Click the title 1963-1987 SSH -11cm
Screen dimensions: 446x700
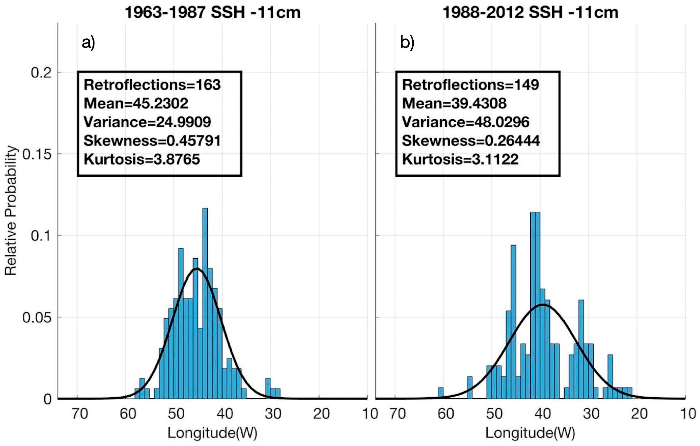pos(212,13)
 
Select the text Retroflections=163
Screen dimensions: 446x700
pos(152,85)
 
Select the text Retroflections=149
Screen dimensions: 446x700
pos(470,85)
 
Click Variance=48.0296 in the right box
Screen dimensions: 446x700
pos(465,122)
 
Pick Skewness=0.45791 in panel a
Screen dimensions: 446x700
pos(152,141)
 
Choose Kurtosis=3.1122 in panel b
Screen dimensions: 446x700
pos(460,159)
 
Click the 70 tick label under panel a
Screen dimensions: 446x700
pos(80,414)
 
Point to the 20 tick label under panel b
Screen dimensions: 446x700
pos(639,414)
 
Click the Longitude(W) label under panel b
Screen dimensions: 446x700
pos(530,433)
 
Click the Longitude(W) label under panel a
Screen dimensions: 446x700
pos(212,433)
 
